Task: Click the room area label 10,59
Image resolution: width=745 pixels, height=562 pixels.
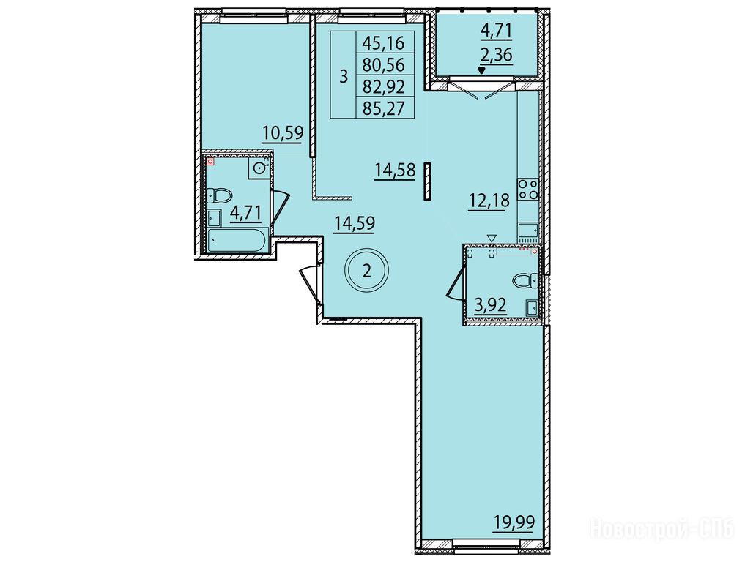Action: point(283,132)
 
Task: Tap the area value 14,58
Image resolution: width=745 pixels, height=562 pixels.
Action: point(395,170)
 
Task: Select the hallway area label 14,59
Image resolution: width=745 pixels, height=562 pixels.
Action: point(355,223)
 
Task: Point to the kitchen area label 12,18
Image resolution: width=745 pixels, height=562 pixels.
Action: point(489,201)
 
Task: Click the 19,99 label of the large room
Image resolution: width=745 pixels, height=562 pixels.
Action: point(514,523)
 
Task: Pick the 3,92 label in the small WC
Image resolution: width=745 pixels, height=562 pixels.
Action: point(491,304)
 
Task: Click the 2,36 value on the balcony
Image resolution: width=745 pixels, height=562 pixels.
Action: point(497,55)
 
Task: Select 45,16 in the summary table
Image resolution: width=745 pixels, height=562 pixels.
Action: point(383,43)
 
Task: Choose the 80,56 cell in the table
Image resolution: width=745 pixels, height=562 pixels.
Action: point(383,64)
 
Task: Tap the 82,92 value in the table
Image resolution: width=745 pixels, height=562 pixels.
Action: point(383,87)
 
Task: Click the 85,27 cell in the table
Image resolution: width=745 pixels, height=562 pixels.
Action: point(383,109)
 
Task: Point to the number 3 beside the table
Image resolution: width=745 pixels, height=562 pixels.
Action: point(344,76)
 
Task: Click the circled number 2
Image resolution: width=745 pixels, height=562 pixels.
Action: point(366,271)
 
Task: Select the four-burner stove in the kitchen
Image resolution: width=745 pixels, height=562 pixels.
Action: point(528,189)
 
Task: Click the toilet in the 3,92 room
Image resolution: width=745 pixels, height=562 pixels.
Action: point(525,280)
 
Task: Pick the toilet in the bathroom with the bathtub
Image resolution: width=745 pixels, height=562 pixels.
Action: point(220,195)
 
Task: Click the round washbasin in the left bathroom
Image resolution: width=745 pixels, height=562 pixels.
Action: point(259,168)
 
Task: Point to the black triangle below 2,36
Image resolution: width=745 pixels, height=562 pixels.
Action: point(482,71)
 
